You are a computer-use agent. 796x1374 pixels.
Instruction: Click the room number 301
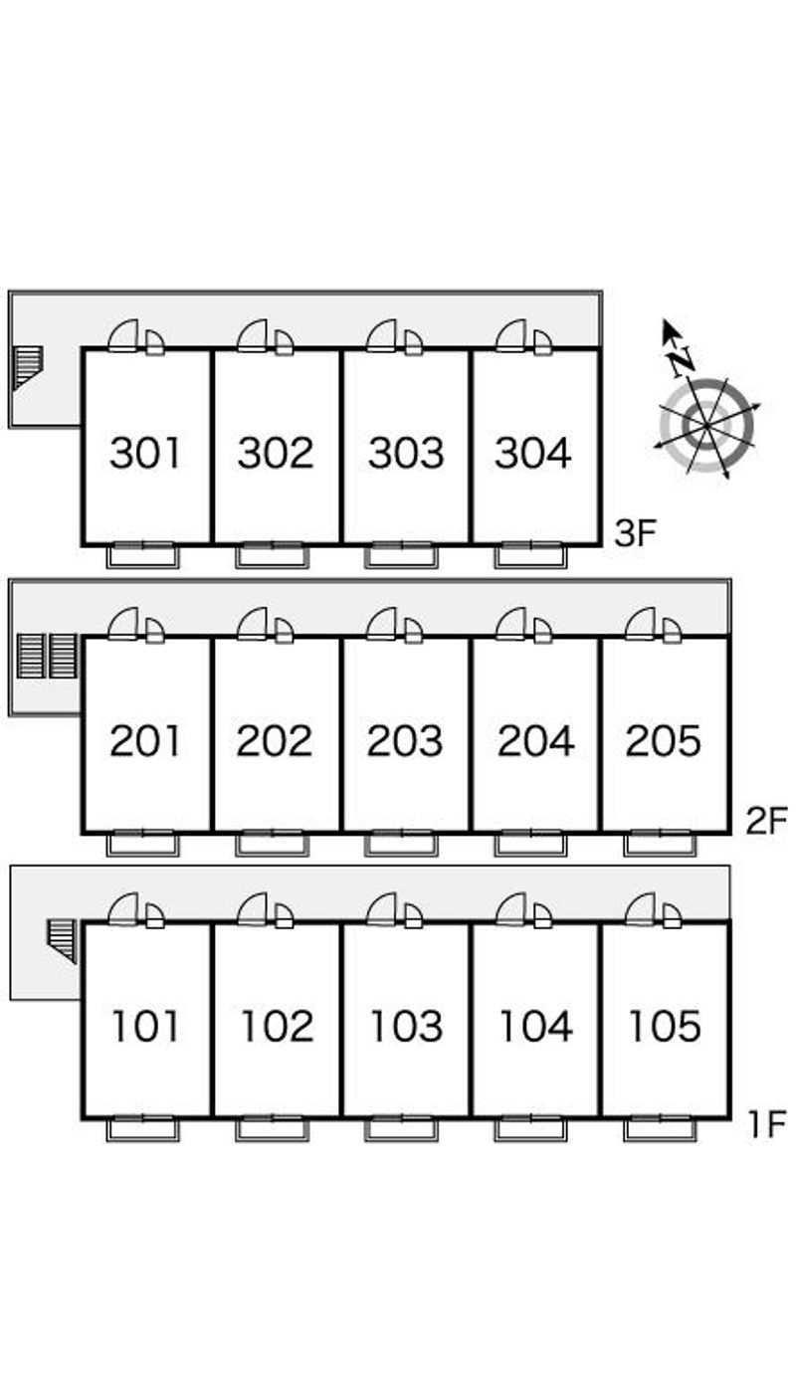[145, 453]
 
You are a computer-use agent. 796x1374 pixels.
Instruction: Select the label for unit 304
[533, 453]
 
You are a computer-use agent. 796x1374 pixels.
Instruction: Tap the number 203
[405, 740]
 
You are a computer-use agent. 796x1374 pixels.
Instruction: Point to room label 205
[663, 740]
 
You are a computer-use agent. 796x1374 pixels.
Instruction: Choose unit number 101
[145, 1026]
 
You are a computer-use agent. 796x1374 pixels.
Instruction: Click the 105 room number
[664, 1026]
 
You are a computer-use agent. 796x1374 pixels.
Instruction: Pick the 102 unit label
[278, 1026]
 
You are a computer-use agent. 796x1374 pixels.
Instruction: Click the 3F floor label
[636, 532]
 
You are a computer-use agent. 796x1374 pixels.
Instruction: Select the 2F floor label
[766, 821]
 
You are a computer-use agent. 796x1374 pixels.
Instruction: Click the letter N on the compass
[682, 361]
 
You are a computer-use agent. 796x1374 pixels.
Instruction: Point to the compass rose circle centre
[707, 425]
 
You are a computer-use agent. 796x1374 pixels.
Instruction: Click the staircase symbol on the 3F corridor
[28, 367]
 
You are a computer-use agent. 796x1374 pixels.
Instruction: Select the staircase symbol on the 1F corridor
[62, 941]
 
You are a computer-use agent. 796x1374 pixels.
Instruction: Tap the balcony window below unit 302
[273, 555]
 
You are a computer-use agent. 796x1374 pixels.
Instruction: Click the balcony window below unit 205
[661, 843]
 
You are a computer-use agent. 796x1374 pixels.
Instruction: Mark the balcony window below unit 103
[401, 1128]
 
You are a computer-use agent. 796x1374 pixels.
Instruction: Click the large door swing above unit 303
[381, 336]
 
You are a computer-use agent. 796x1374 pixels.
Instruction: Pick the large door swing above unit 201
[122, 624]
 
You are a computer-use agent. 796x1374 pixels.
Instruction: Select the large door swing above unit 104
[510, 909]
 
